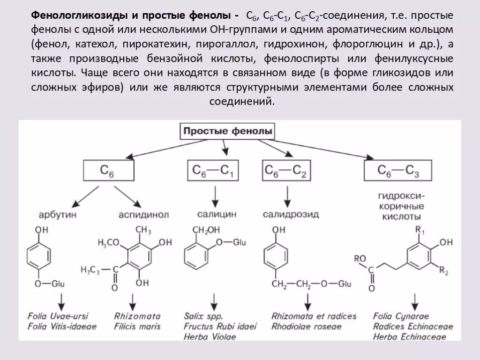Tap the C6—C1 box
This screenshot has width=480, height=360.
213,171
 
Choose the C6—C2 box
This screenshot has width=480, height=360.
285,171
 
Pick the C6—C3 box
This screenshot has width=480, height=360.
398,171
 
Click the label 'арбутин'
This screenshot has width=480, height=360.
58,215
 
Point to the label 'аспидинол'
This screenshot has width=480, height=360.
143,215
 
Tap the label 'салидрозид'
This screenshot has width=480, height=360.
291,215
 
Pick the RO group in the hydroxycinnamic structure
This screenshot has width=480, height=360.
360,258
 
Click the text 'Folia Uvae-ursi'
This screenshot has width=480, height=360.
58,315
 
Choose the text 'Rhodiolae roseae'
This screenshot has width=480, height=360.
307,326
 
